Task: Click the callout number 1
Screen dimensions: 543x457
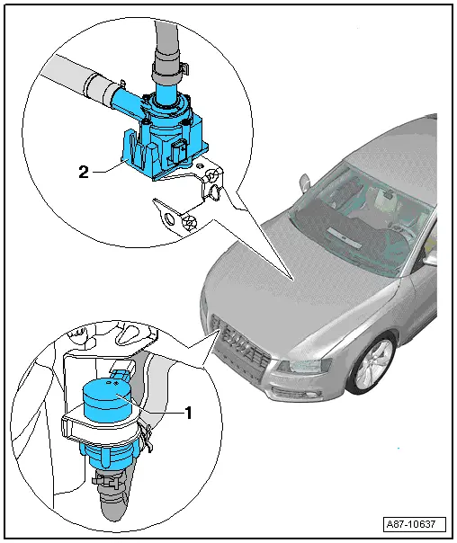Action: coord(189,414)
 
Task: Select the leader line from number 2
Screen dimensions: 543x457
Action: coord(106,167)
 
